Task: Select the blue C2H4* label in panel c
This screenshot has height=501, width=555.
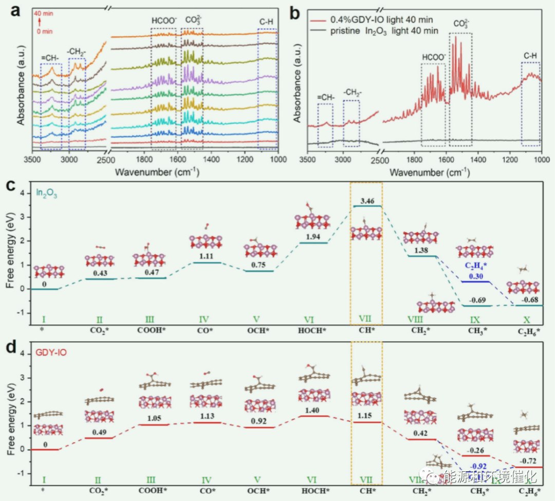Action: click(x=475, y=266)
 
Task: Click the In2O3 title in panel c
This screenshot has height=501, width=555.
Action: click(x=46, y=193)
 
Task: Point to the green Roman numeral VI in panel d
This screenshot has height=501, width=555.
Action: click(x=311, y=480)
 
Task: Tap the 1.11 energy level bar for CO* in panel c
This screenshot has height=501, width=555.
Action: click(x=206, y=263)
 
